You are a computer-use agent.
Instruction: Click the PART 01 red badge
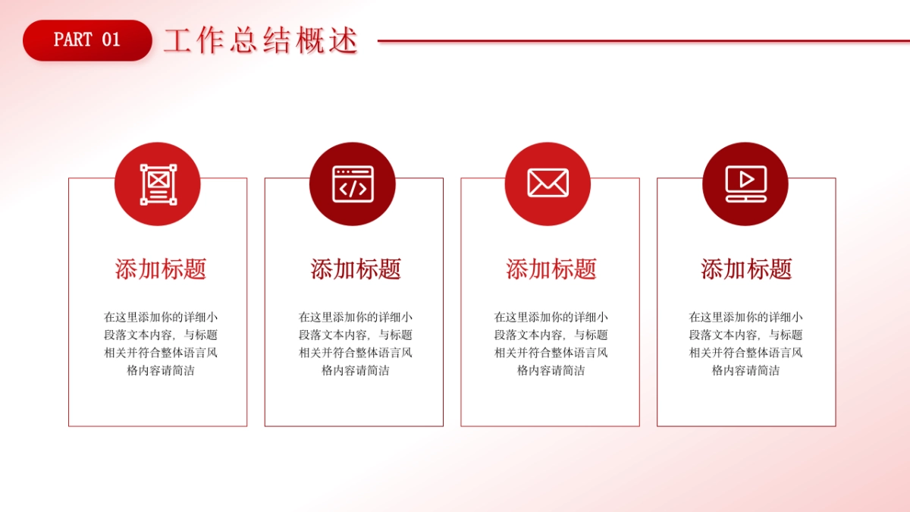point(87,40)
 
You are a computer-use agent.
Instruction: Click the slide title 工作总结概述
point(260,41)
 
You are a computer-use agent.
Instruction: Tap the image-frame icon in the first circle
point(158,184)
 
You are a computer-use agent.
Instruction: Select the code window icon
point(353,184)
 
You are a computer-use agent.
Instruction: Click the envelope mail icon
point(548,184)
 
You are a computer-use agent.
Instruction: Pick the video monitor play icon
point(745,184)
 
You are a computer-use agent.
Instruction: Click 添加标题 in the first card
point(161,269)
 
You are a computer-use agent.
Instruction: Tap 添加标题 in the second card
point(356,269)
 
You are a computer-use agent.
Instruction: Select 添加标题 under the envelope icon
point(551,269)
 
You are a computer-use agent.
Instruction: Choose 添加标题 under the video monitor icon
point(746,269)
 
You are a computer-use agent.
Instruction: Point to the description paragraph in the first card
point(161,344)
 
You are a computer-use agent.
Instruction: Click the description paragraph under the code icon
point(356,344)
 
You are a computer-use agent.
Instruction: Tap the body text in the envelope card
point(551,344)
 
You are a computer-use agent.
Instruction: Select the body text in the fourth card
point(746,344)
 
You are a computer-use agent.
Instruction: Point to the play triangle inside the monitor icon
point(747,180)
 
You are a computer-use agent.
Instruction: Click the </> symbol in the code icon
point(353,189)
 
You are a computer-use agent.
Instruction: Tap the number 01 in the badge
point(111,40)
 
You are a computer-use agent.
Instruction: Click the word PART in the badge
point(73,40)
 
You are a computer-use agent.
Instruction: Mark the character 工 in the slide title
point(176,41)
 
